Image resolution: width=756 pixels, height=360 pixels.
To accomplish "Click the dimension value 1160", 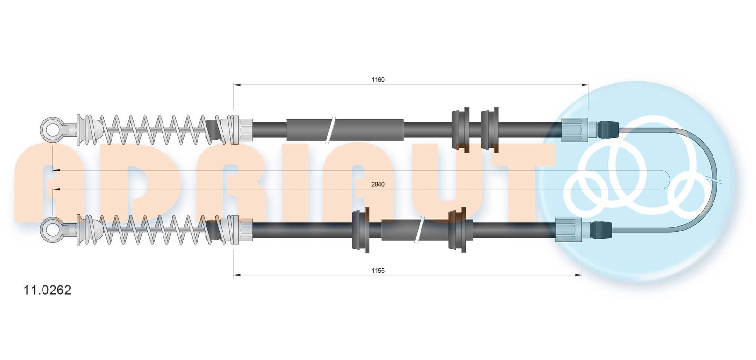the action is (378, 80).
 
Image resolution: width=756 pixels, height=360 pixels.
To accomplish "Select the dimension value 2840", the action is (378, 184).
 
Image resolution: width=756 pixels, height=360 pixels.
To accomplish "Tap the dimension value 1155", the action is (378, 270).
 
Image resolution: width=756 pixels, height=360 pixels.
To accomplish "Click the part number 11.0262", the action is (47, 290).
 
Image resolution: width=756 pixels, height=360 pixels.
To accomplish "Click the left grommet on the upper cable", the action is (460, 130).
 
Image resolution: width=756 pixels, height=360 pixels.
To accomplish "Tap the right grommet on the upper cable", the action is (490, 130).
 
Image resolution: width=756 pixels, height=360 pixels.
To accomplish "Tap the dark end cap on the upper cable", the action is (608, 130).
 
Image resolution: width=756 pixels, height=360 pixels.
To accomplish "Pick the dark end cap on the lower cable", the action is (602, 230).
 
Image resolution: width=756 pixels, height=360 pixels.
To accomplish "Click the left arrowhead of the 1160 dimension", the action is (237, 85).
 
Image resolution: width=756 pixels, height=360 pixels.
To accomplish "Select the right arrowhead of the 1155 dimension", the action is (578, 275).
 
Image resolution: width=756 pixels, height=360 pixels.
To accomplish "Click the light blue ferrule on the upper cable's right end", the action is (575, 130).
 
